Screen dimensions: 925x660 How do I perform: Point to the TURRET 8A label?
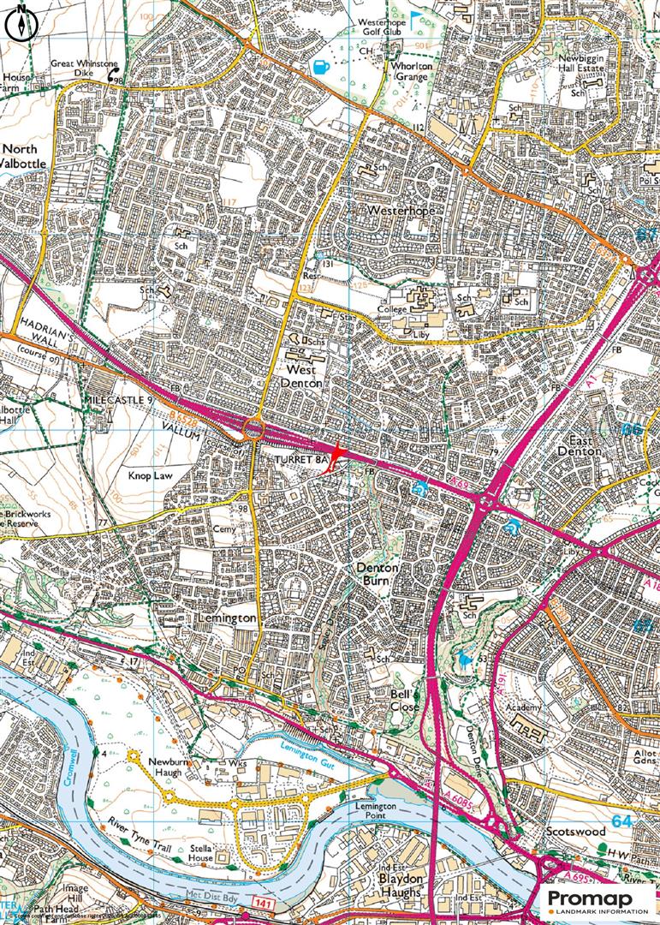tap(301, 461)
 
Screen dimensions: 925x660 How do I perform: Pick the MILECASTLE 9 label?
tap(119, 400)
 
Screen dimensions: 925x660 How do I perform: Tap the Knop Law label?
tap(151, 473)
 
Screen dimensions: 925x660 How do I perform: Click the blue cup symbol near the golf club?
tap(322, 66)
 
